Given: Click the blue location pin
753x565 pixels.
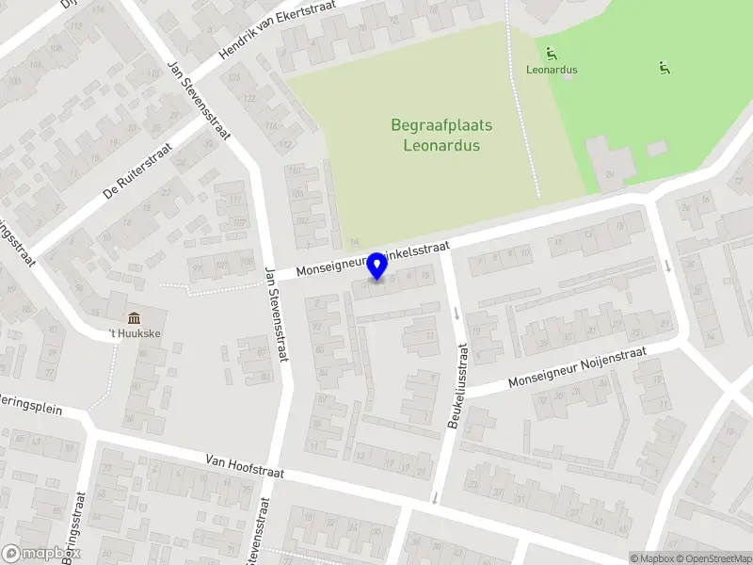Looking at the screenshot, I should click(377, 266).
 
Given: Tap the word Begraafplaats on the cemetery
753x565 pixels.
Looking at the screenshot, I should click(441, 125).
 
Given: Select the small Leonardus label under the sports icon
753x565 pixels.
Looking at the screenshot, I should click(552, 70).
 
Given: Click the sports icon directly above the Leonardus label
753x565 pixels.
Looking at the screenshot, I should click(551, 53).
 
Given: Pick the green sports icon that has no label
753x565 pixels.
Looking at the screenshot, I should click(665, 67).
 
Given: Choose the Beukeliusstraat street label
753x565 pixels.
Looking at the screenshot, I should click(457, 387).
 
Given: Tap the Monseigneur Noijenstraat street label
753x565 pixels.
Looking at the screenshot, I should click(577, 367).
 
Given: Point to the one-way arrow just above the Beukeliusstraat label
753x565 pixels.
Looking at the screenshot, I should click(457, 313).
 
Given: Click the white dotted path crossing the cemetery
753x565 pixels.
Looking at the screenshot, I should click(522, 113).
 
